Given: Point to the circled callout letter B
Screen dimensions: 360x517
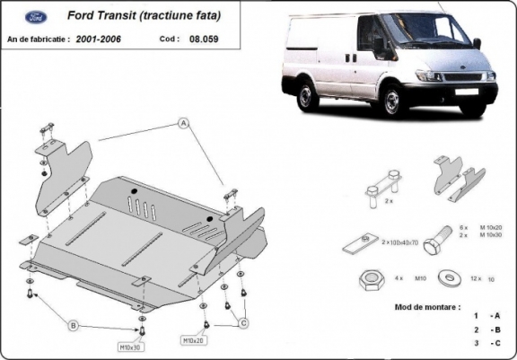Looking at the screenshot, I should (x=74, y=325).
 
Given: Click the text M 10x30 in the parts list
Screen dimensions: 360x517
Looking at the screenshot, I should (x=489, y=236).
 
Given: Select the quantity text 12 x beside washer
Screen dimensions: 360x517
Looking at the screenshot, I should (x=478, y=278).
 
